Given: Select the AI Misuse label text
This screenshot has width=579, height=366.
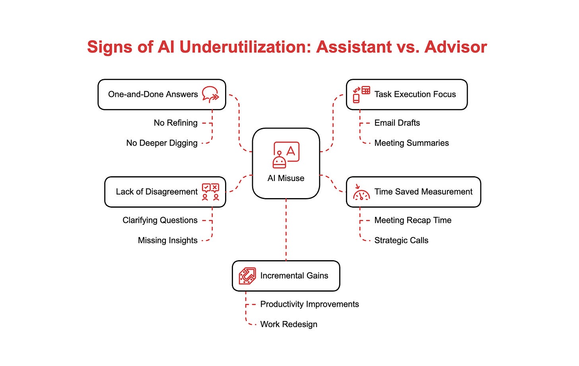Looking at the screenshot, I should (286, 178).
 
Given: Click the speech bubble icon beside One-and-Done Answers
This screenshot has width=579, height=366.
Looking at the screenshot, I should (210, 95).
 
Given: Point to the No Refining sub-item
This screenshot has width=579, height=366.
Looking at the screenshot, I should (175, 123).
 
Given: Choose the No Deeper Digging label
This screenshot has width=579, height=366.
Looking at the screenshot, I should (162, 143).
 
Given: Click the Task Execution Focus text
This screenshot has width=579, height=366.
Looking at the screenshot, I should (415, 94).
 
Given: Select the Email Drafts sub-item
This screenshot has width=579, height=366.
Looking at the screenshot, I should (397, 123).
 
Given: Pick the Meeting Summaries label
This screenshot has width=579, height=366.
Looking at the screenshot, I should (412, 143).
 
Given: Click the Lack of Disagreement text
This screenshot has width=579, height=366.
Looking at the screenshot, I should (157, 192).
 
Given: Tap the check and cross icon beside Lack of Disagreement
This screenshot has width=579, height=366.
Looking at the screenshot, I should (210, 192).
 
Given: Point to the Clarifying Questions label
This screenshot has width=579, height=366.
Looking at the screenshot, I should (160, 220).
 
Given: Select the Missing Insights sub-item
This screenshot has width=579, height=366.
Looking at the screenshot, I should (167, 240).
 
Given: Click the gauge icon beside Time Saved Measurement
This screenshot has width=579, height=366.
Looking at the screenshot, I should (361, 192).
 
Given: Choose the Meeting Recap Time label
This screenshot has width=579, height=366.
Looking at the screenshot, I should (413, 220).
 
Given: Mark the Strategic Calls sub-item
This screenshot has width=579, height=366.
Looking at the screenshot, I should (401, 240).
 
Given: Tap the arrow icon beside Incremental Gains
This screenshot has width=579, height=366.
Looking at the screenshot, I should (247, 276).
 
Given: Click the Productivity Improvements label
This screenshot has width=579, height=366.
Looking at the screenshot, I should (309, 304).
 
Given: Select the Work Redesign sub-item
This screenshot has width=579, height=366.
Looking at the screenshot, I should (289, 324).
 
